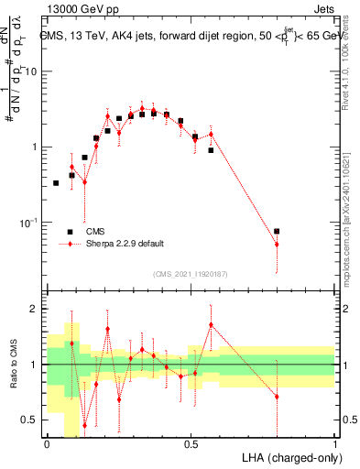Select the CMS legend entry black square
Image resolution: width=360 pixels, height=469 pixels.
tap(70, 232)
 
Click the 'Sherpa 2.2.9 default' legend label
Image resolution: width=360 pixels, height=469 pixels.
tap(125, 244)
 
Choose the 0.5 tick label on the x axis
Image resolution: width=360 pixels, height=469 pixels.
tap(191, 442)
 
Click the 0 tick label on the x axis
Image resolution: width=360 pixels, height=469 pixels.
tap(47, 442)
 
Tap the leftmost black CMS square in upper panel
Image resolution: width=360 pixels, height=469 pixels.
tap(56, 183)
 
